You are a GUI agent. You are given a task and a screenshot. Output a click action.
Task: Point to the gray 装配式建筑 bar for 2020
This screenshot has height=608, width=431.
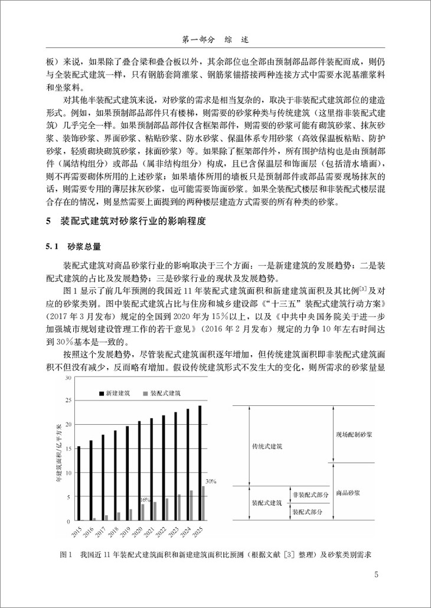click(x=142, y=513)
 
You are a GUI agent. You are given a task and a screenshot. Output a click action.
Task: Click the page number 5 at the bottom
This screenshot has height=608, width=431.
click(x=377, y=574)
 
